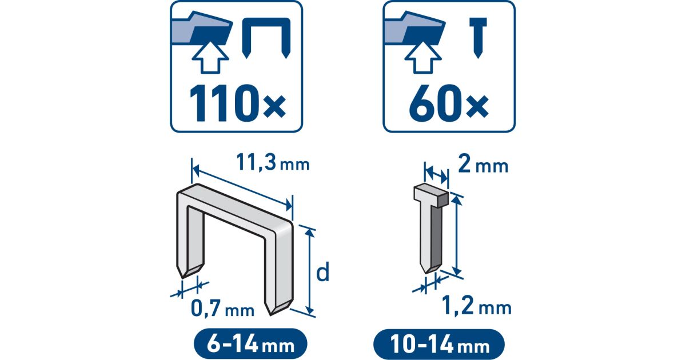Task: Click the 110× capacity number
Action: coord(238,104)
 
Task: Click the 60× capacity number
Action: coord(449,104)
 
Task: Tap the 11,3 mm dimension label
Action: coord(273,163)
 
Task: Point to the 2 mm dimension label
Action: coord(483,165)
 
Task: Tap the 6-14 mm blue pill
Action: coord(250,344)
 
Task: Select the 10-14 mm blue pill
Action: coord(439,345)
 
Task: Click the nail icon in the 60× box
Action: coord(478,37)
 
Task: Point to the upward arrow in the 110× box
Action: coord(210,58)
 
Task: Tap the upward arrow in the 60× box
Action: coord(423,58)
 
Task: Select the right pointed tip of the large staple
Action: coord(271,315)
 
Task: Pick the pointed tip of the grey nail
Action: coord(425,273)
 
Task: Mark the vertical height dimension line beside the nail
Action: coord(457,235)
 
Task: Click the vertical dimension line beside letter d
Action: coord(310,271)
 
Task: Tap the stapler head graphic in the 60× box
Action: coord(414,29)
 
